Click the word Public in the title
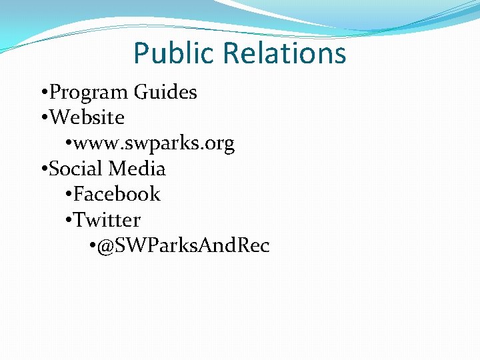point(175,53)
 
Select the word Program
point(90,92)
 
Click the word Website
point(87,118)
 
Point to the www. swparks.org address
point(154,143)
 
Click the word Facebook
point(117,194)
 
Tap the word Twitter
point(107,220)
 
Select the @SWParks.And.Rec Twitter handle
point(183,246)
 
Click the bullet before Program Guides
point(43,93)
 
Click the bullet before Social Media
point(43,169)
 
